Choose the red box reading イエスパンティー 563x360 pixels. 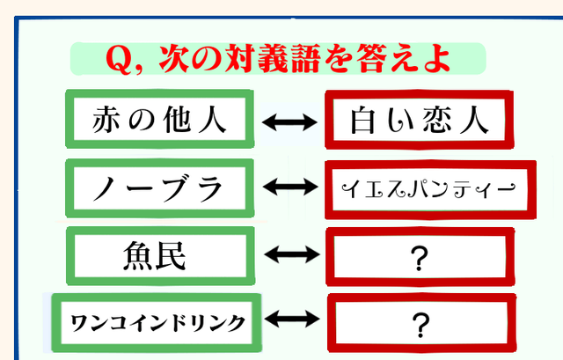[x=417, y=188]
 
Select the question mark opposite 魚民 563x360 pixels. [x=418, y=258]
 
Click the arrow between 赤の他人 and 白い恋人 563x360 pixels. [x=290, y=123]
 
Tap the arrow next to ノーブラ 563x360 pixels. [x=290, y=187]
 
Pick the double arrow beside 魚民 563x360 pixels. [x=290, y=255]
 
